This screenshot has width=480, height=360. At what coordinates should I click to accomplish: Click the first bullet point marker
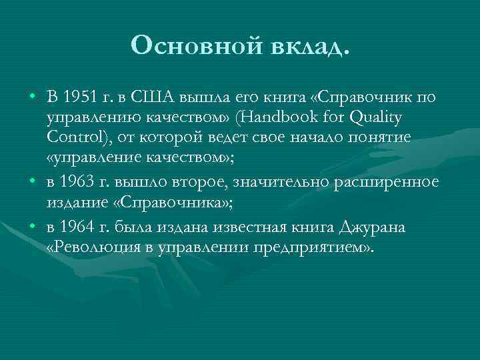32,99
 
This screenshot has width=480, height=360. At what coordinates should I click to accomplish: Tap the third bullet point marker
32,228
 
